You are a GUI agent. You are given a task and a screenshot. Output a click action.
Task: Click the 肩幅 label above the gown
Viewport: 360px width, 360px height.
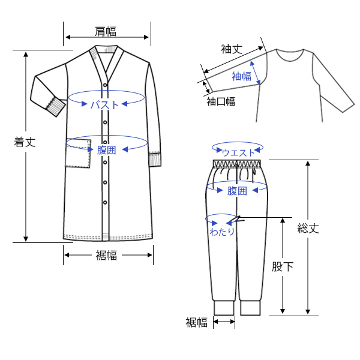pyautogui.click(x=106, y=31)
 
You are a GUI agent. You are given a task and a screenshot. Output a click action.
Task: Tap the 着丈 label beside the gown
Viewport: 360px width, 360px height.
pyautogui.click(x=25, y=142)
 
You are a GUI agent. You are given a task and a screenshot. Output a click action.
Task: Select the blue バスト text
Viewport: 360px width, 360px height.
pyautogui.click(x=104, y=105)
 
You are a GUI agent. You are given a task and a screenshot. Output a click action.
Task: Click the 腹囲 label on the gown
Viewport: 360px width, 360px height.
pyautogui.click(x=106, y=150)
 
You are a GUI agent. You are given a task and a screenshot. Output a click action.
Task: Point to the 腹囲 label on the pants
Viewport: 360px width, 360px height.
pyautogui.click(x=237, y=191)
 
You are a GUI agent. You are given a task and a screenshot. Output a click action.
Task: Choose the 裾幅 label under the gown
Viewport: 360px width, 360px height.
pyautogui.click(x=107, y=255)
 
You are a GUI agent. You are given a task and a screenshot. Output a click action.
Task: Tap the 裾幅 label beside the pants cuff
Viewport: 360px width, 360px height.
pyautogui.click(x=197, y=322)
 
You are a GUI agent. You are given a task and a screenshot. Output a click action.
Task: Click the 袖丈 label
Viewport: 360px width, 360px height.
pyautogui.click(x=232, y=49)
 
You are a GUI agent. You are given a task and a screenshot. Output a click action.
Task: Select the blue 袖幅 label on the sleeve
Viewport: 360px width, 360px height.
pyautogui.click(x=242, y=76)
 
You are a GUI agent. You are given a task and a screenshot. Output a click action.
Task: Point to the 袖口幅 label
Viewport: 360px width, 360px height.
pyautogui.click(x=221, y=101)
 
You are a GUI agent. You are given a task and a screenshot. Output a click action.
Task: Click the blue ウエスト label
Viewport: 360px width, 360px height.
pyautogui.click(x=239, y=152)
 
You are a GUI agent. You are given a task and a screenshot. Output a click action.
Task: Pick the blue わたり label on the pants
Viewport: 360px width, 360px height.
pyautogui.click(x=222, y=232)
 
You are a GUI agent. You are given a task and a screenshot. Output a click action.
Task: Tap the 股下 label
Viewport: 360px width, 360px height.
pyautogui.click(x=283, y=266)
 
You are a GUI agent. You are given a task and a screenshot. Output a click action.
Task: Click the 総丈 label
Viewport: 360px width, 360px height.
pyautogui.click(x=308, y=228)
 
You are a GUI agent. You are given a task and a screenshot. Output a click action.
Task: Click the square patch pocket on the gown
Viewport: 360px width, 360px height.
pyautogui.click(x=78, y=154)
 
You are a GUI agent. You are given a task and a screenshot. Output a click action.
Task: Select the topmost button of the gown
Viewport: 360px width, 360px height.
pyautogui.click(x=105, y=85)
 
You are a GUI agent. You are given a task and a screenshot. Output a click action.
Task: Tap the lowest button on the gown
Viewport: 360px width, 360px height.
pyautogui.click(x=105, y=203)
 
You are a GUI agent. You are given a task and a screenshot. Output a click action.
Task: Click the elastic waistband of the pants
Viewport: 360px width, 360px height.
pyautogui.click(x=237, y=164)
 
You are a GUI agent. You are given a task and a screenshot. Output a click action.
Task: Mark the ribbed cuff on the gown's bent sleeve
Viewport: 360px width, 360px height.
pyautogui.click(x=56, y=107)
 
